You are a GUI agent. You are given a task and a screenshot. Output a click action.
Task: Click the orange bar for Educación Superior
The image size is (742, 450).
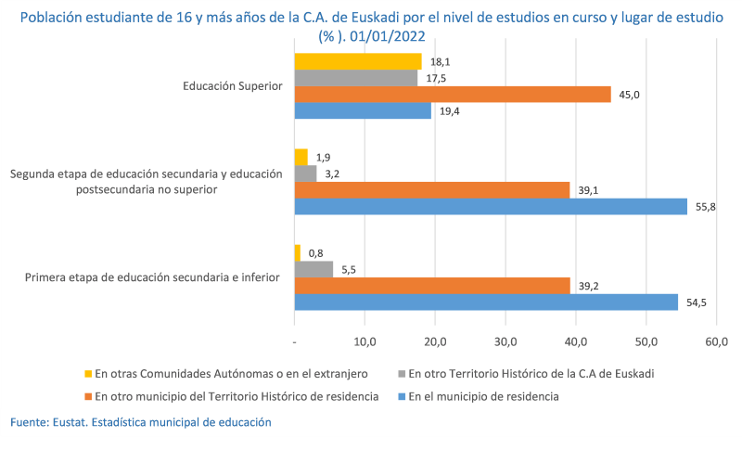click(452, 94)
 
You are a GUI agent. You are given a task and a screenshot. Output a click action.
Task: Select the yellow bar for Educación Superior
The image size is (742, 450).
click(357, 61)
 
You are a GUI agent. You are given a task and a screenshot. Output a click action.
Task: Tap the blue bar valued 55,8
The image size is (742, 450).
click(490, 206)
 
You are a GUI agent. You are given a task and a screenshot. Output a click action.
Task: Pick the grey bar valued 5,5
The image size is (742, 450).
click(313, 269)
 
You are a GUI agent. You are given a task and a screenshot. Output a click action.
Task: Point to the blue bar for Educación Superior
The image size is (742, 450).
click(362, 110)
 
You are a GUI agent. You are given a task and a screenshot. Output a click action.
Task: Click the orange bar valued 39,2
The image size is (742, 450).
click(431, 286)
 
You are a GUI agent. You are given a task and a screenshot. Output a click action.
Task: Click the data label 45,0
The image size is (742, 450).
click(631, 94)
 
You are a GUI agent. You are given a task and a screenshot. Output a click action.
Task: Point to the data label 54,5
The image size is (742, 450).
click(697, 302)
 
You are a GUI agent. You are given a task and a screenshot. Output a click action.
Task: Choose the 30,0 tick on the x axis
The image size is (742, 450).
click(505, 342)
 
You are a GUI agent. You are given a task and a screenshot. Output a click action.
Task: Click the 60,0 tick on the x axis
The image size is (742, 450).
click(717, 342)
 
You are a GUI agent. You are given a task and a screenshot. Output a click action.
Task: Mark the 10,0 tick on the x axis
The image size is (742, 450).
click(365, 342)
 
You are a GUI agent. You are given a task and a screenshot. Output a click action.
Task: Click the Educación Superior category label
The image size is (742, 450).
click(232, 86)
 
